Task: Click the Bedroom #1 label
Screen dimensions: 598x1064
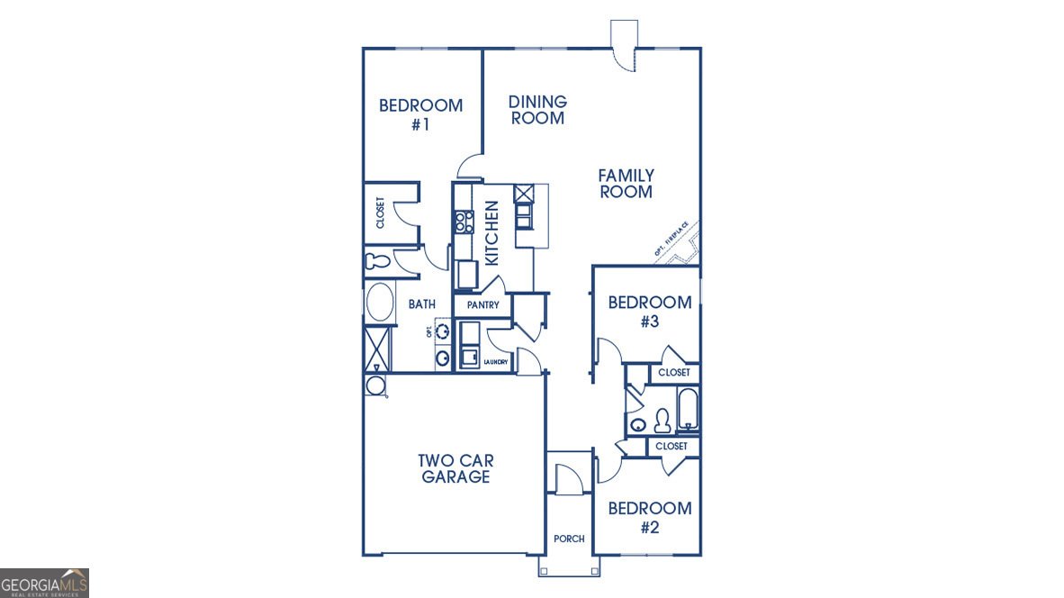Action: (420, 114)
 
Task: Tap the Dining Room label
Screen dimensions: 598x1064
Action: (537, 110)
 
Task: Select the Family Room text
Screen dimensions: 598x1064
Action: (626, 183)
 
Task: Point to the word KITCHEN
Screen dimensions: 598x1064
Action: (492, 232)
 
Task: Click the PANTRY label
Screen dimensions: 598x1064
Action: (482, 305)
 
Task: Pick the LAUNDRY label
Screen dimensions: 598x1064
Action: (496, 362)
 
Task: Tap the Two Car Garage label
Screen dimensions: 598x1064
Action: (455, 468)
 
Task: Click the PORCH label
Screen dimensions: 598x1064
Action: (569, 539)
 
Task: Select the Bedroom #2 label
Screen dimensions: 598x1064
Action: (649, 517)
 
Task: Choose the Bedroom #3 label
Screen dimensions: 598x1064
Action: (649, 311)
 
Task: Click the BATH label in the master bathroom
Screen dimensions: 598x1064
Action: (421, 304)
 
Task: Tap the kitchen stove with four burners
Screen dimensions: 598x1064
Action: (464, 222)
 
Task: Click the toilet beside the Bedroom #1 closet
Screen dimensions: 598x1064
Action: (377, 261)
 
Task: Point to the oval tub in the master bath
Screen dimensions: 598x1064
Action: (380, 303)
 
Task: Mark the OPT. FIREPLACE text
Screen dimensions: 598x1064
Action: (672, 240)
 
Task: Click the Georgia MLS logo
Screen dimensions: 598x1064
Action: (44, 583)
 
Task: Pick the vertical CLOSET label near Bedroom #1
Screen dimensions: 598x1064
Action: (380, 213)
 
